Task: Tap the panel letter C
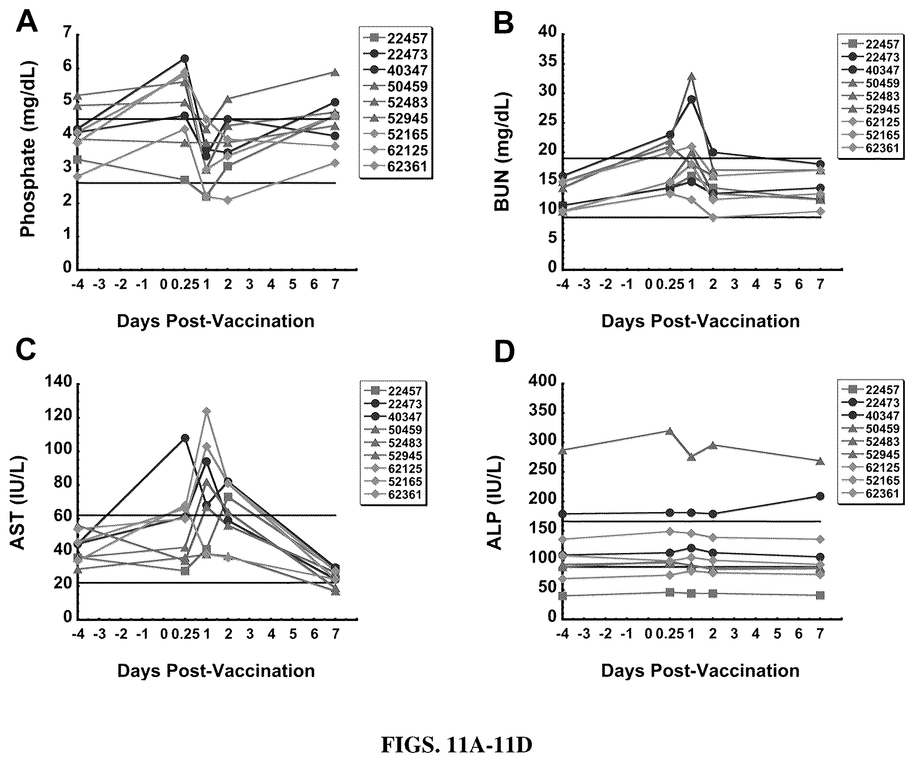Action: tap(26, 351)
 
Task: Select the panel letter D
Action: tap(504, 351)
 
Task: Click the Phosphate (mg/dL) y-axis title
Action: tap(28, 149)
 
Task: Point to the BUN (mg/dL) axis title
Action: tap(502, 152)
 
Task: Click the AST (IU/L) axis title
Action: tap(18, 503)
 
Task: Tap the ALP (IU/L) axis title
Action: tap(495, 503)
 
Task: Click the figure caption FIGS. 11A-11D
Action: tap(457, 745)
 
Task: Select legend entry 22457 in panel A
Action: tap(396, 38)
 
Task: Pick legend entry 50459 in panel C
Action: tap(394, 430)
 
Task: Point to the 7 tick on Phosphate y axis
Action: tap(68, 33)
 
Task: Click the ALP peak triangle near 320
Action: tap(669, 431)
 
